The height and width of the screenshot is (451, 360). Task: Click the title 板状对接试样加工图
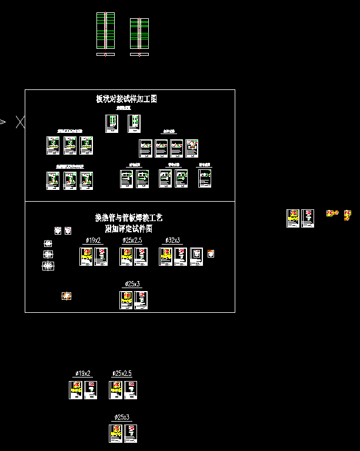126,99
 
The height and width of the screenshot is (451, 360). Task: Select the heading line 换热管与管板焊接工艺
129,218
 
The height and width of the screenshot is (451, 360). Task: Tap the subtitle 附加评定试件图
129,228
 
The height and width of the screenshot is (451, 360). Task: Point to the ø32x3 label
172,240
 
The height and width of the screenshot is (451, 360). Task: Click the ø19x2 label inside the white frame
93,240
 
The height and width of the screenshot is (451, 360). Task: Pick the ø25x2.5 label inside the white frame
132,240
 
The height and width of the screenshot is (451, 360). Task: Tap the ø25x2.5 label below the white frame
122,373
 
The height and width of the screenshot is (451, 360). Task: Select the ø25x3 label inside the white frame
132,284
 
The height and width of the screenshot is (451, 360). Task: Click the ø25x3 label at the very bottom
122,417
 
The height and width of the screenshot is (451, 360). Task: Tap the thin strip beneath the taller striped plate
105,55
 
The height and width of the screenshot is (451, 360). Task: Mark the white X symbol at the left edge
20,122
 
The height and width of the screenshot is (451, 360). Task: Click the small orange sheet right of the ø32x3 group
211,253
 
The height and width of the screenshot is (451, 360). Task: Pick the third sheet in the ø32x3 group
196,256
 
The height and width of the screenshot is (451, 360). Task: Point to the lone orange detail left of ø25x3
66,296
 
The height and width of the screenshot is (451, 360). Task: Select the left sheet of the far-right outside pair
292,218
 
